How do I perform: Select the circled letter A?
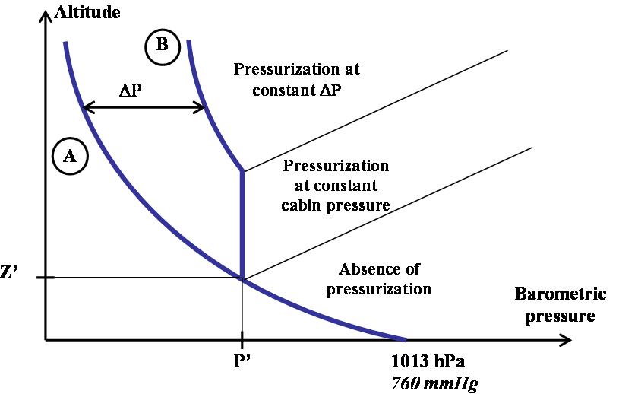pos(71,157)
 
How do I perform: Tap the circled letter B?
pos(162,45)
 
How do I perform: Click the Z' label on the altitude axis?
pos(11,275)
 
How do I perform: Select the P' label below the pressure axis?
pos(242,360)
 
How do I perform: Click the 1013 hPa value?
pos(426,360)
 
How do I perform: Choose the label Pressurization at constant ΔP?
pos(296,79)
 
